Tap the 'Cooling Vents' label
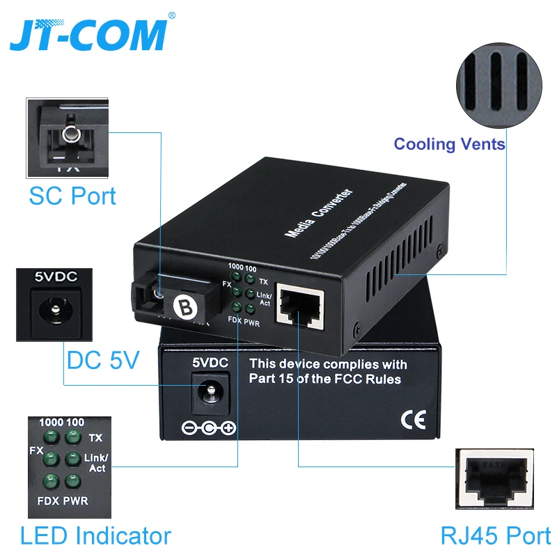pyautogui.click(x=449, y=144)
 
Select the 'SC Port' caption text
pyautogui.click(x=72, y=196)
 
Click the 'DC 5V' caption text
pyautogui.click(x=103, y=360)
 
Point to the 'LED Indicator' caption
pyautogui.click(x=95, y=535)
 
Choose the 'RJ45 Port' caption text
pyautogui.click(x=496, y=535)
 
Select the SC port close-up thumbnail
pyautogui.click(x=68, y=137)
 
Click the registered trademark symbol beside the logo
pyautogui.click(x=172, y=15)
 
